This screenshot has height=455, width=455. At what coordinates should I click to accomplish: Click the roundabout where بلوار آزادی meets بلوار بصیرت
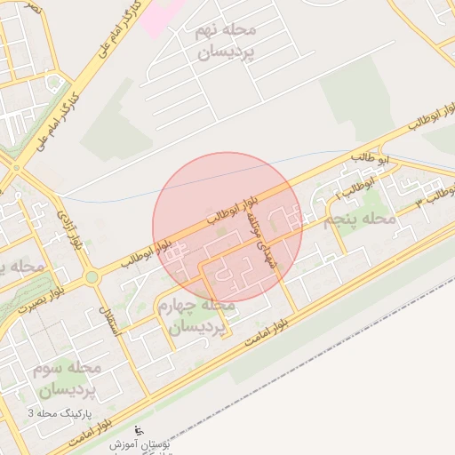(x=91, y=278)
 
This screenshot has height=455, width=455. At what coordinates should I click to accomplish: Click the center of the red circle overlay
(x=227, y=227)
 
